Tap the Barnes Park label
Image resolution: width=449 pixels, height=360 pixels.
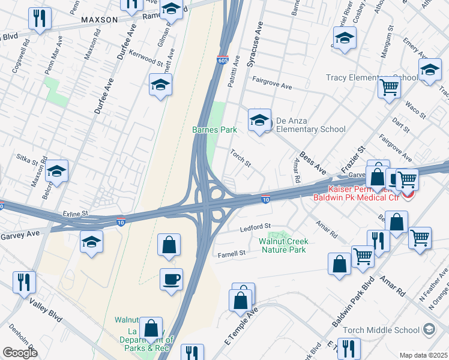point(214,130)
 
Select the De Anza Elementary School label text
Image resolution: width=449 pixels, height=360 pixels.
point(307,129)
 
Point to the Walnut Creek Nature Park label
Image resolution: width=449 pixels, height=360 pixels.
point(283,245)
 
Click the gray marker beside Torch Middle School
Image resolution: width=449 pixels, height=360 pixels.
point(429,329)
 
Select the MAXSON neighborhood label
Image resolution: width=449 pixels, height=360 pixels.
point(100,20)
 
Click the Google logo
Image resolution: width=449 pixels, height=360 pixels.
point(19,353)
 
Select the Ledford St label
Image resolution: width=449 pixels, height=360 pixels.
point(252,227)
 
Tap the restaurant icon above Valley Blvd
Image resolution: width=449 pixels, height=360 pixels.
point(24,281)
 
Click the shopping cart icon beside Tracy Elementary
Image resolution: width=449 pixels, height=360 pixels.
point(390,88)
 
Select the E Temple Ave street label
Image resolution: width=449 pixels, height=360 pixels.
point(240,326)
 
